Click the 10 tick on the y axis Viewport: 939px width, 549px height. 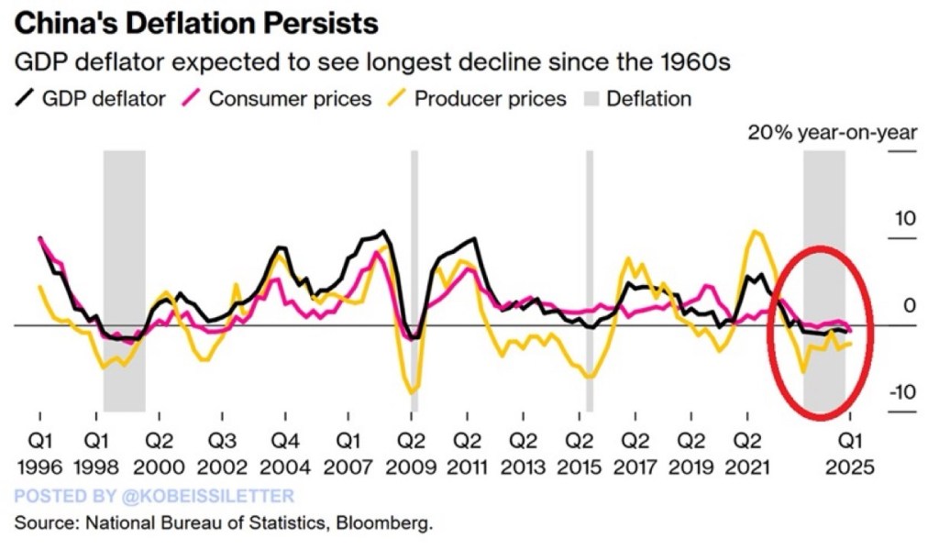(905, 219)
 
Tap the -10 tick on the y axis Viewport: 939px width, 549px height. (902, 392)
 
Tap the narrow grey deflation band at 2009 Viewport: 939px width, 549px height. (414, 275)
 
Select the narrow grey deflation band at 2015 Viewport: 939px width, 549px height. (590, 275)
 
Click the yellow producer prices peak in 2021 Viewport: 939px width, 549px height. (756, 232)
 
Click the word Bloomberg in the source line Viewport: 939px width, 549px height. (389, 525)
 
